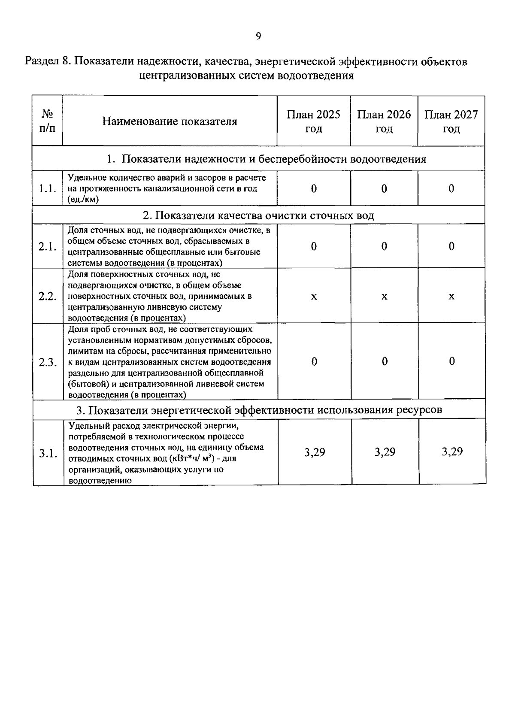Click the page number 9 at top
tap(258, 36)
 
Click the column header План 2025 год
tap(313, 121)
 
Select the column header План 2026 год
tap(384, 121)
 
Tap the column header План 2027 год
tap(451, 121)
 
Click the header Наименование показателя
tap(170, 121)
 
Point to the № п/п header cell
tap(47, 121)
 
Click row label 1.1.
tap(47, 189)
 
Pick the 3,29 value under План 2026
tap(385, 452)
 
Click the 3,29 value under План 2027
tap(452, 452)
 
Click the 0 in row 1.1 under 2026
tap(384, 189)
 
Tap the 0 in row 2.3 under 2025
tap(314, 362)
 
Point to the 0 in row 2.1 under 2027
tap(451, 246)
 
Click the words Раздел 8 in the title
tap(46, 62)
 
